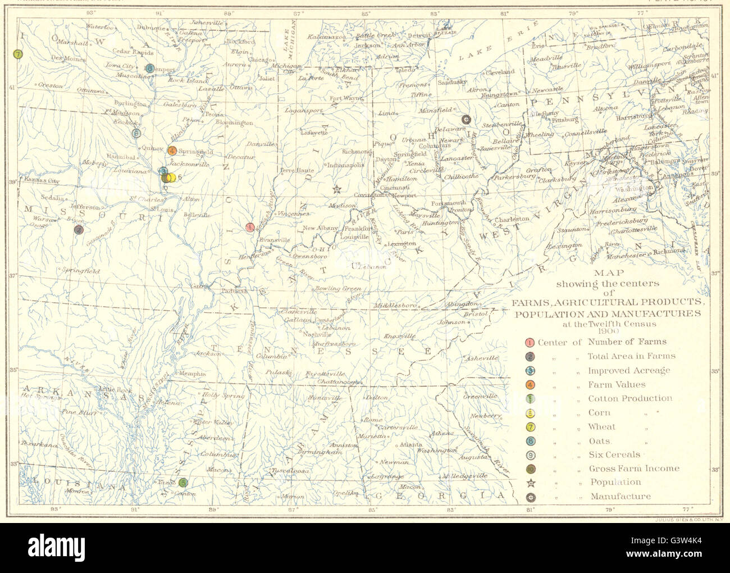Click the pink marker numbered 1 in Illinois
point(250,227)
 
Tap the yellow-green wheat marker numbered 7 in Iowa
point(18,54)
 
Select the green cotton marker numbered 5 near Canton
point(183,482)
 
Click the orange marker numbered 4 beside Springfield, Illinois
point(172,150)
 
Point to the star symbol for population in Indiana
point(336,189)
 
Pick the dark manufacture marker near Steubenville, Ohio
point(466,119)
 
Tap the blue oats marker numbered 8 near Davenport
point(149,69)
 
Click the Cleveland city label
point(500,72)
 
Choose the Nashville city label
point(313,334)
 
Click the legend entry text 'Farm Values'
point(616,385)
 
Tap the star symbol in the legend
point(530,482)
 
